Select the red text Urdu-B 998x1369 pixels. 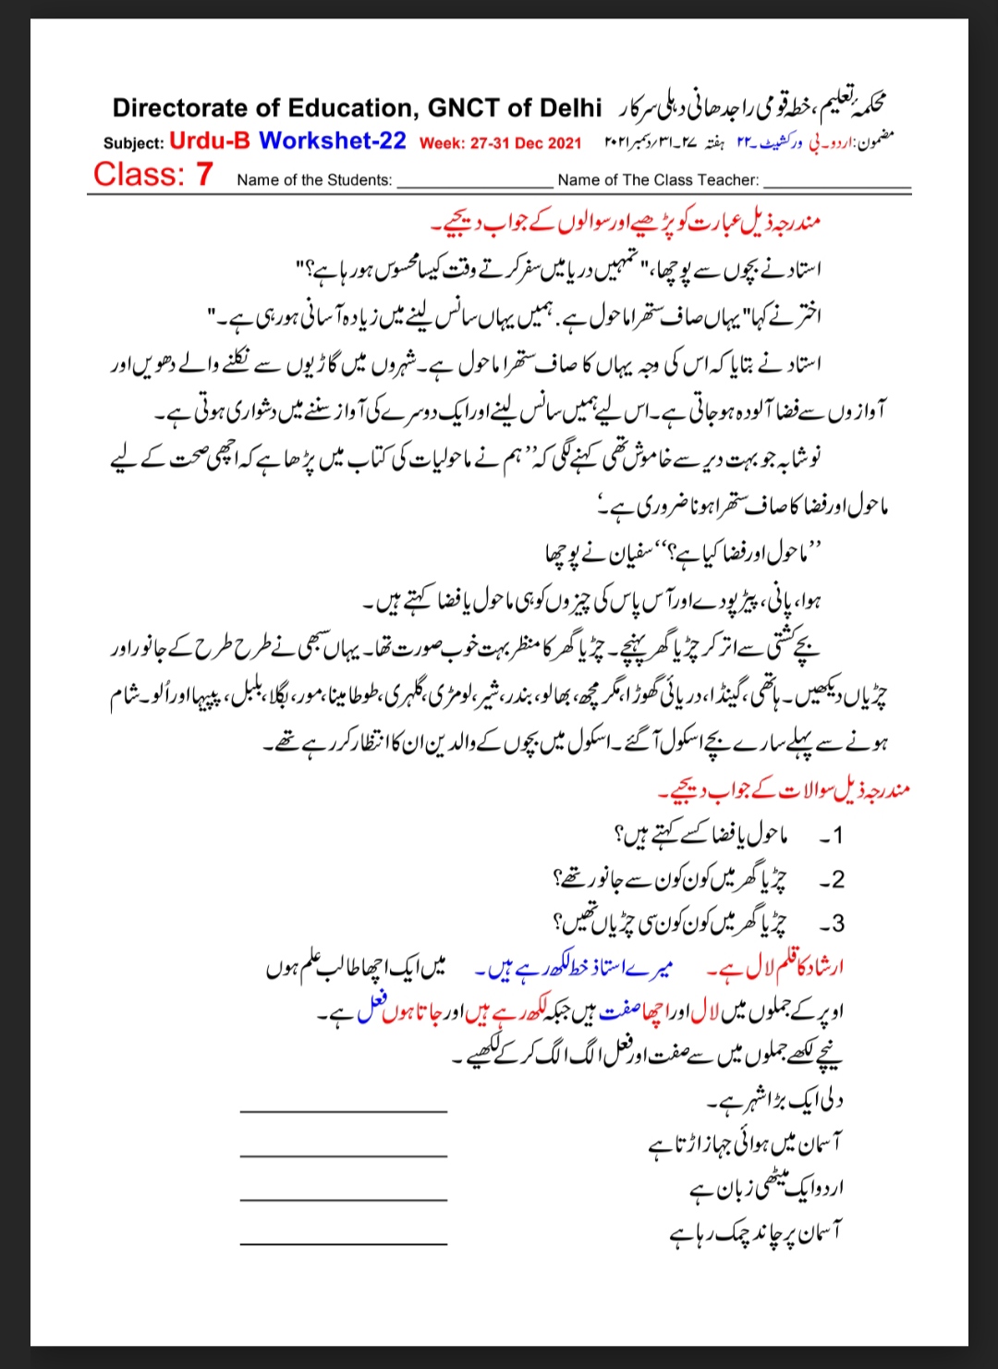210,141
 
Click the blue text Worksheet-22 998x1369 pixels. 333,141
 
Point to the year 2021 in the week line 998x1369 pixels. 564,143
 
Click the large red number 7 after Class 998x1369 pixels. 204,174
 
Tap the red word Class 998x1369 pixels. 138,174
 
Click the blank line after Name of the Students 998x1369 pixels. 473,184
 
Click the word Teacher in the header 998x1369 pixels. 731,180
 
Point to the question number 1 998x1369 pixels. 836,836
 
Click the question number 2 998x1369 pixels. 836,879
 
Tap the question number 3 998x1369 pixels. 836,923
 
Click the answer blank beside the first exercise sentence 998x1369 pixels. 343,1110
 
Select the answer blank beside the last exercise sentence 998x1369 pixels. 343,1243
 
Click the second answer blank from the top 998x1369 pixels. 343,1155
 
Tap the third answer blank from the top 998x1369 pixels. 343,1199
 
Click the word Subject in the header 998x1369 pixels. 133,143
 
